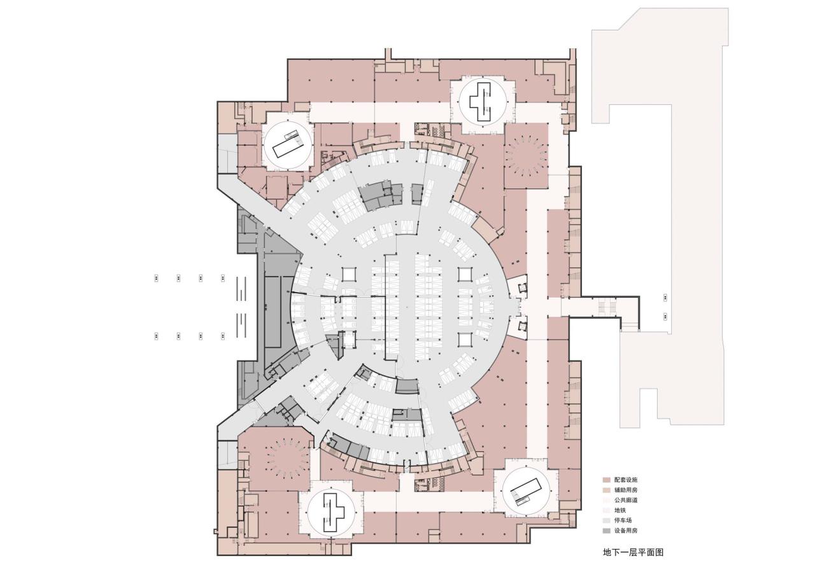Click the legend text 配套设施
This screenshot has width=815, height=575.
coord(626,480)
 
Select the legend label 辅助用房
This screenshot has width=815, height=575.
coord(626,490)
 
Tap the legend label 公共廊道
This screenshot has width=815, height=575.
coord(626,500)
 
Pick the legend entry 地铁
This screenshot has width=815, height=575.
coord(620,510)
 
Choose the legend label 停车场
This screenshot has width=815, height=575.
coord(623,520)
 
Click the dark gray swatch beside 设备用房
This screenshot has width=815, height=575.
coord(607,530)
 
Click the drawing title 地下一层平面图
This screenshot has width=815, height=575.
coord(633,553)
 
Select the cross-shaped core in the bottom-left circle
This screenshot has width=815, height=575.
coord(330,512)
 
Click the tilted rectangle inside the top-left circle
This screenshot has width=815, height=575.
coord(287,147)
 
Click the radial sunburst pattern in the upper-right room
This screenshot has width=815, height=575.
coord(526,156)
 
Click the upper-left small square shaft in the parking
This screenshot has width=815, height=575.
coord(350,274)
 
